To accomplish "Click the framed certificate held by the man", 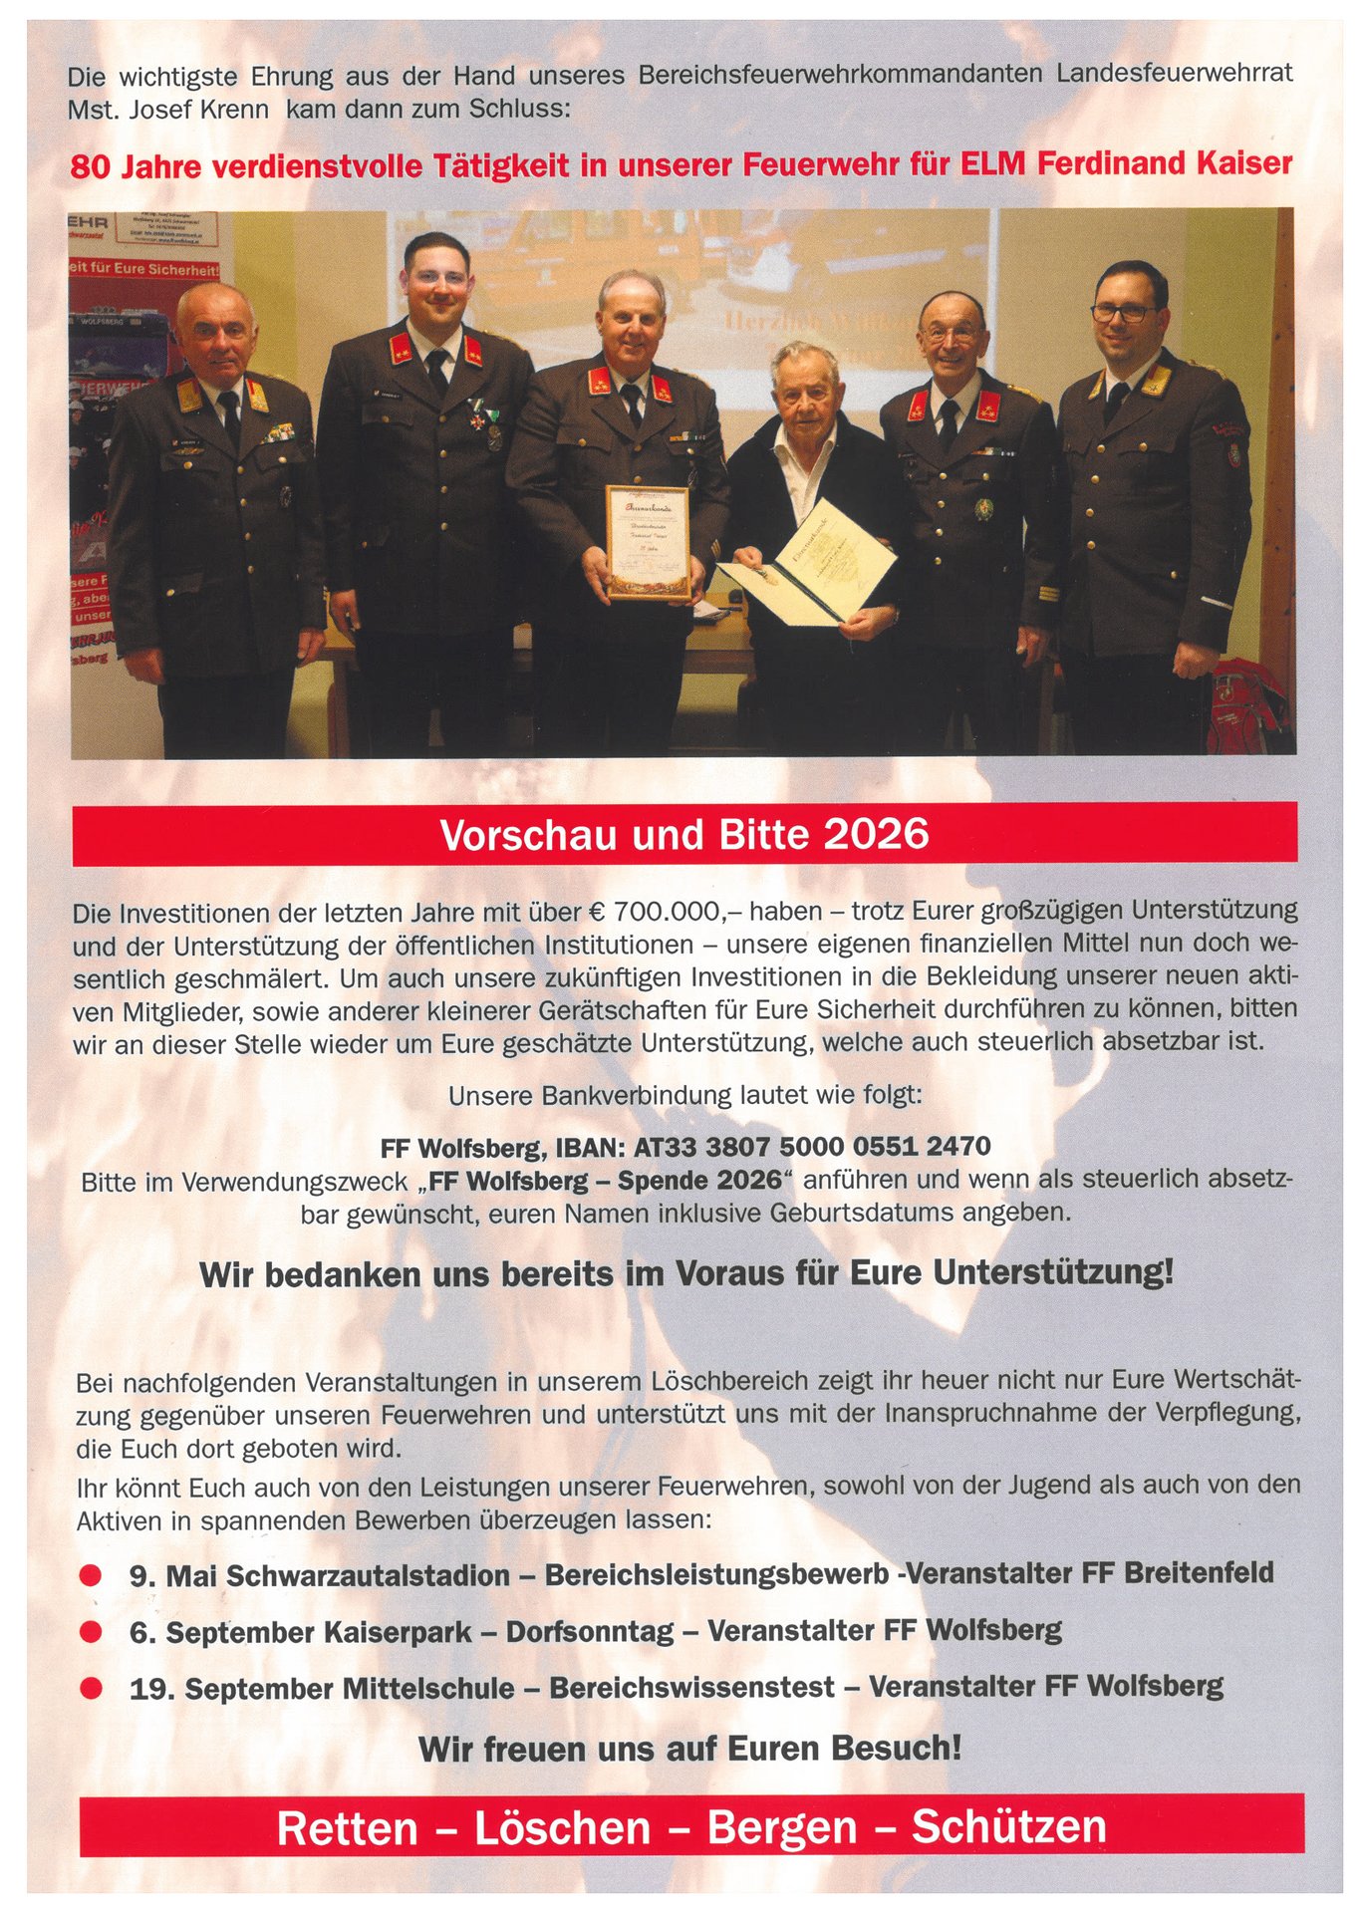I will (x=649, y=542).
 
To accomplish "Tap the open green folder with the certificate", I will (x=807, y=572).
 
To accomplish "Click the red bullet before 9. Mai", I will (x=91, y=1575).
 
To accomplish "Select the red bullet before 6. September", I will (x=91, y=1632).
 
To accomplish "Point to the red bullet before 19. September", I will (x=91, y=1688).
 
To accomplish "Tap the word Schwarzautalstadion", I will (x=368, y=1576).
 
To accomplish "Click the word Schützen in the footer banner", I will (x=1008, y=1827).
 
